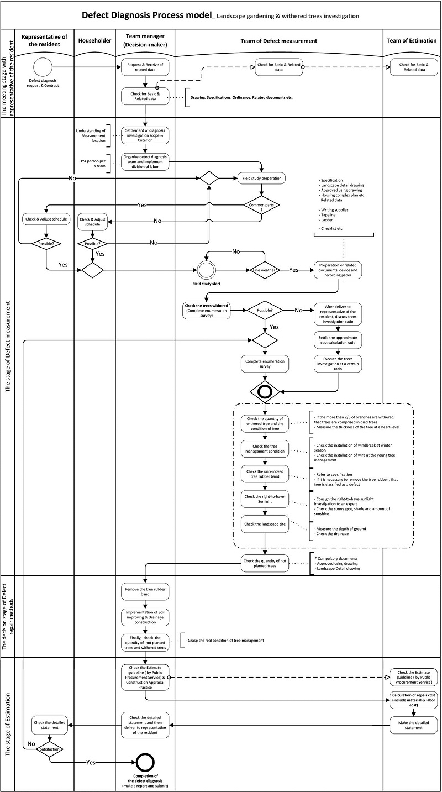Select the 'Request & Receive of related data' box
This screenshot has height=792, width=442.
(145, 67)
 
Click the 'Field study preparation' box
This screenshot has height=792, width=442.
(261, 179)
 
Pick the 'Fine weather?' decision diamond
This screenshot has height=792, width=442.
(266, 270)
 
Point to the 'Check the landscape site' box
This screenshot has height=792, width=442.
(265, 524)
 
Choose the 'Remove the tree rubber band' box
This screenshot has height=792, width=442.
(145, 592)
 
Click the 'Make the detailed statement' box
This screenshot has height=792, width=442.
(413, 725)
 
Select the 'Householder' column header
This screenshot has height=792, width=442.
(94, 40)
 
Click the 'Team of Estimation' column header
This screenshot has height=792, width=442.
(412, 40)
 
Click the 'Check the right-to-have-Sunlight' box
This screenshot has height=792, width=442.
(265, 499)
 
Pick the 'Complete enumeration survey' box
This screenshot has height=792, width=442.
(265, 363)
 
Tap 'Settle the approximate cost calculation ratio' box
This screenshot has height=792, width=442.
(338, 340)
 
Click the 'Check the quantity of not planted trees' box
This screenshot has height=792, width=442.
(265, 564)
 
